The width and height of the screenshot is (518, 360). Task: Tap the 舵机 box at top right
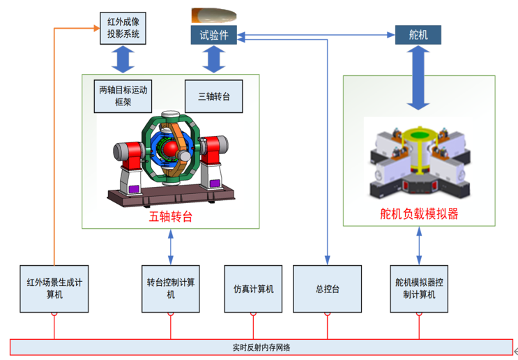(418, 34)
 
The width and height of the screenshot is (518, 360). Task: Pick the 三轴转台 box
(214, 96)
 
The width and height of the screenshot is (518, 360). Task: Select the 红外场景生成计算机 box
(54, 289)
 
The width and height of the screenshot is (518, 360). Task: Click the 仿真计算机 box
(253, 289)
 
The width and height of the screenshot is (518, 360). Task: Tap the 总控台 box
(326, 289)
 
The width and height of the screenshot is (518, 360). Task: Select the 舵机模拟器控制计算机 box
(419, 289)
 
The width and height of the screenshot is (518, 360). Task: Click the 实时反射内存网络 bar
(261, 347)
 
